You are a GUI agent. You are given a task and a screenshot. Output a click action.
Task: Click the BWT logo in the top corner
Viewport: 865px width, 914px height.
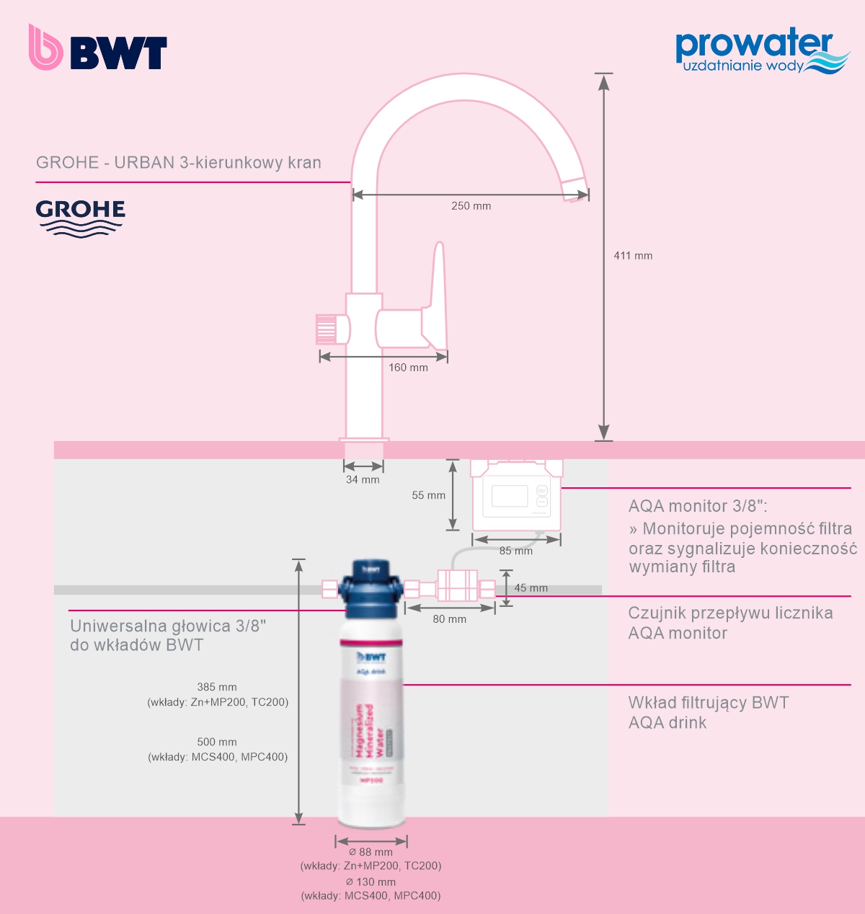(x=98, y=48)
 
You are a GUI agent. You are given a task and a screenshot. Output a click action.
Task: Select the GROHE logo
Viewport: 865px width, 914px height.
(x=80, y=218)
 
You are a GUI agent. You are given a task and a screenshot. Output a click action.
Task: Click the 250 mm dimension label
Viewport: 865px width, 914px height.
(x=471, y=206)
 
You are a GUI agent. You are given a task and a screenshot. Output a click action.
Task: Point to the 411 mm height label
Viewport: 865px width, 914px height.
(x=633, y=256)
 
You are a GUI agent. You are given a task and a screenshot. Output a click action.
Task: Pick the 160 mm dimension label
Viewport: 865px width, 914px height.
(x=408, y=368)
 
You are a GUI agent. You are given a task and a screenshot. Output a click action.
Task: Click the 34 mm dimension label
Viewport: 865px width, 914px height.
(x=363, y=480)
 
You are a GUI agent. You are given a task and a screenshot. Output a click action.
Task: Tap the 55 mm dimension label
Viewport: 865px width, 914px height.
(x=428, y=496)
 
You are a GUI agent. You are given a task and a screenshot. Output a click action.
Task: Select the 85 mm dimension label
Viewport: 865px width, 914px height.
(x=516, y=551)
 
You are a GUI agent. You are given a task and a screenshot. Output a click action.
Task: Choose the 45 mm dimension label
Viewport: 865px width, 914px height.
(x=531, y=588)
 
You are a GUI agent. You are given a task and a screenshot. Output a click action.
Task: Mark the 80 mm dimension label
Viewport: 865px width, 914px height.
(x=449, y=619)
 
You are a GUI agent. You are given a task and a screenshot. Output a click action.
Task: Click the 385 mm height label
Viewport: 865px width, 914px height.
(x=217, y=688)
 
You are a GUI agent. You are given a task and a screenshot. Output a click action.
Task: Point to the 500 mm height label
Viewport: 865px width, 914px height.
(x=217, y=742)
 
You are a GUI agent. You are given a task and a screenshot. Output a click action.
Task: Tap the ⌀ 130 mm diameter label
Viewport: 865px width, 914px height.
(x=371, y=882)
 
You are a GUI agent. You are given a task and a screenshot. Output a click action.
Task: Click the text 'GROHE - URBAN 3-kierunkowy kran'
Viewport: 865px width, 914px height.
(x=179, y=163)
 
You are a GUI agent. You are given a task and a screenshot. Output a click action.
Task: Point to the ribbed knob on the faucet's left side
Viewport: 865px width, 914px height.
(x=327, y=329)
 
